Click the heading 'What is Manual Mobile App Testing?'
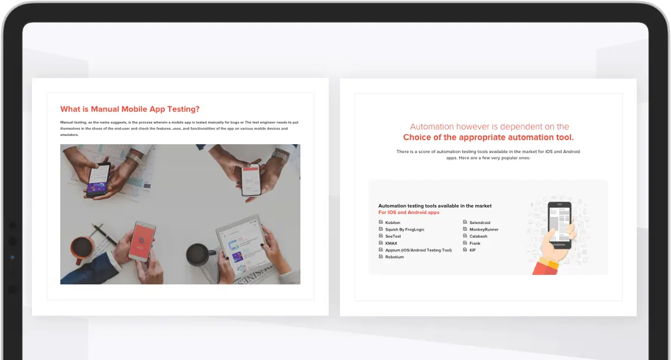tap(129, 109)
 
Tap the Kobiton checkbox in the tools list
tap(381, 222)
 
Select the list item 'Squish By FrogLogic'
tap(404, 229)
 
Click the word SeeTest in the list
tap(393, 236)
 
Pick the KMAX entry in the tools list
tap(391, 243)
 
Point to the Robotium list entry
tap(394, 257)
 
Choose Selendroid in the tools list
tap(479, 223)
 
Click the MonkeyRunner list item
tap(484, 229)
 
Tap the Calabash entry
tap(478, 236)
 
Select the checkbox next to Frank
tap(465, 243)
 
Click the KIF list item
tap(472, 250)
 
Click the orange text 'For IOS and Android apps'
tap(409, 212)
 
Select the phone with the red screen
tap(142, 241)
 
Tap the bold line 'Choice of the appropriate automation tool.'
tap(488, 137)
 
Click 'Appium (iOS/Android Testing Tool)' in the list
tap(418, 250)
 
